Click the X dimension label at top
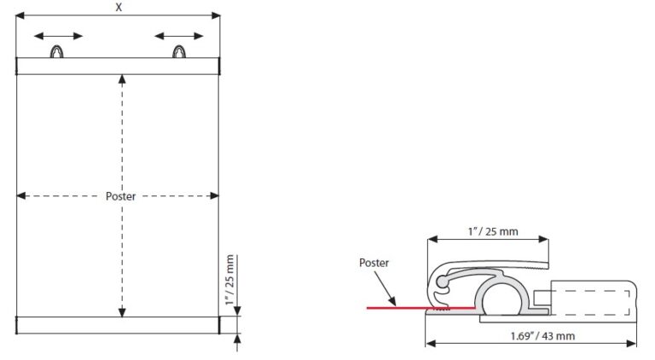tap(118, 7)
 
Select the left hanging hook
tap(57, 52)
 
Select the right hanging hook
tap(179, 52)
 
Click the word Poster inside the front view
tap(120, 196)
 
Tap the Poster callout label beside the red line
tap(374, 263)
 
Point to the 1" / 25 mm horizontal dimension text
tap(487, 231)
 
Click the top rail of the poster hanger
tap(118, 67)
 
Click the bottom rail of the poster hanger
tap(118, 325)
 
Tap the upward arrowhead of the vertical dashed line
tap(122, 79)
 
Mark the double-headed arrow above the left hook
tap(58, 36)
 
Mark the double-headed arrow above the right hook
tap(179, 36)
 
